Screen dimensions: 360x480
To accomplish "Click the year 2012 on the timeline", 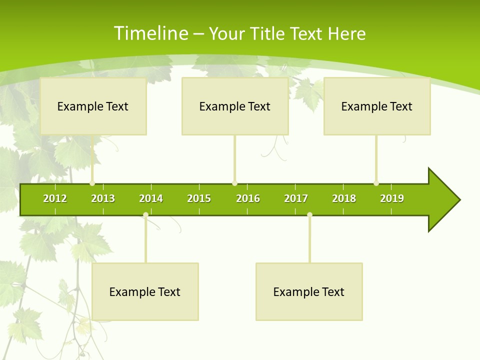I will tap(55, 198).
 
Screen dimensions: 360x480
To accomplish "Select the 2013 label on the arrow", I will tap(103, 198).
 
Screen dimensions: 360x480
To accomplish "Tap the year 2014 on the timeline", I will tap(151, 198).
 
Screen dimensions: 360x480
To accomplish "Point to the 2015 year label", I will tap(199, 198).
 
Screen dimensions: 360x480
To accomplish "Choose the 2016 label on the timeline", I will tap(248, 198).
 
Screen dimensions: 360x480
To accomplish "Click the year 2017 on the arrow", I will tap(296, 198).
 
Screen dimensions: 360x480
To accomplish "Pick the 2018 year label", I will tap(344, 198).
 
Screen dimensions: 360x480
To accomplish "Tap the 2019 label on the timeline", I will tap(392, 198).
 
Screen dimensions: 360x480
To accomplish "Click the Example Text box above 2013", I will tap(93, 106).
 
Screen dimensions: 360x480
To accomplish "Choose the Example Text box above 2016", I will tap(235, 106).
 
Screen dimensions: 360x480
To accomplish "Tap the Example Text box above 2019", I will tap(377, 106).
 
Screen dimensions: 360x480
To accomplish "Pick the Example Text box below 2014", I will tap(145, 291).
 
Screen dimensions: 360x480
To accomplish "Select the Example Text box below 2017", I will tap(309, 291).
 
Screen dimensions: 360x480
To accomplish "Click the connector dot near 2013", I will tap(92, 183).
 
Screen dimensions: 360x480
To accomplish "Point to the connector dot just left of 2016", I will tap(235, 183).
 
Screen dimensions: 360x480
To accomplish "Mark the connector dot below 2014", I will tap(145, 215).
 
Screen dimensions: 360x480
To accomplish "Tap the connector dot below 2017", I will tap(309, 215).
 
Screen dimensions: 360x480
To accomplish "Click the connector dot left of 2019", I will tap(376, 183).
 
